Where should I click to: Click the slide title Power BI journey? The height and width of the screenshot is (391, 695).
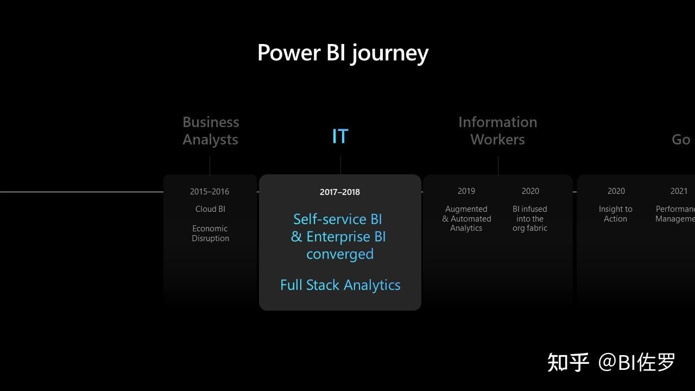pos(343,53)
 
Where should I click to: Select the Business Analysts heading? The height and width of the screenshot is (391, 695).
pos(211,131)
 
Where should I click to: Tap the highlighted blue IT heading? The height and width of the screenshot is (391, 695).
pos(340,136)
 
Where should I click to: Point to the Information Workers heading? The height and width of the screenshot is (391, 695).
pos(497,131)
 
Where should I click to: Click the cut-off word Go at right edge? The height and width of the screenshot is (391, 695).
pos(681,140)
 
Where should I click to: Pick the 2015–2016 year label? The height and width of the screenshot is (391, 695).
pos(210,192)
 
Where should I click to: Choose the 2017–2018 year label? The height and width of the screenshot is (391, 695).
pos(340,192)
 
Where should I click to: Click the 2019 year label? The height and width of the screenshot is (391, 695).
pos(466,191)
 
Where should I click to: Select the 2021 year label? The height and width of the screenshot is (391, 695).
pos(679,191)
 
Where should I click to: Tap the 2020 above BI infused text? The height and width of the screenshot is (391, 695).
pos(530,191)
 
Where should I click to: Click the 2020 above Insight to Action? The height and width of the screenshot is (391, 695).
pos(616,191)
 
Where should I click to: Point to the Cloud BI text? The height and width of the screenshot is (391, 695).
pos(210,209)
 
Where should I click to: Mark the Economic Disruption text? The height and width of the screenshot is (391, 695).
pos(210,234)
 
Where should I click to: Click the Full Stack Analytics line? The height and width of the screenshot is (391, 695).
pos(340,285)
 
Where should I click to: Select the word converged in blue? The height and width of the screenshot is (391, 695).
pos(340,254)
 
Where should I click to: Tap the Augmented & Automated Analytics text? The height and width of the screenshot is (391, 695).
pos(466,219)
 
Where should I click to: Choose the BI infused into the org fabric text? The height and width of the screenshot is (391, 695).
pos(530,219)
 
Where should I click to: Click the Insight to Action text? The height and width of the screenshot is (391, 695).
pos(615,214)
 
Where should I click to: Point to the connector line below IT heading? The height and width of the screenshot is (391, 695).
pos(340,165)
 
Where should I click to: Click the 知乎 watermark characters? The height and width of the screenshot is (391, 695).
pos(568,362)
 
